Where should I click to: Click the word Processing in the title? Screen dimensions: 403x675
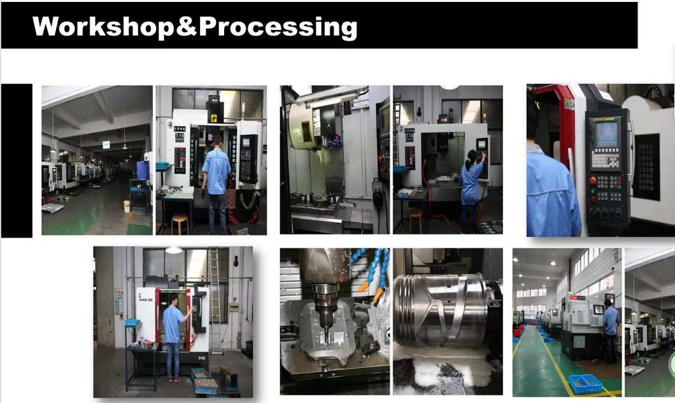click(278, 27)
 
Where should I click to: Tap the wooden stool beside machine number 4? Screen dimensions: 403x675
click(180, 223)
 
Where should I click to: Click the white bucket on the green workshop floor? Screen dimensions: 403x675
click(127, 206)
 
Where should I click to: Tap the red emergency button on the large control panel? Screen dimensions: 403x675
click(592, 180)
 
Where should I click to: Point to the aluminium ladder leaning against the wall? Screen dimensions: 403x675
click(215, 299)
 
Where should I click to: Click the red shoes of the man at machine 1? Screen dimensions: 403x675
click(173, 379)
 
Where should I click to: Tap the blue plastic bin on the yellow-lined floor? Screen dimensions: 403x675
click(586, 383)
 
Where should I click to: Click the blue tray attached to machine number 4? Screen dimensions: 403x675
click(163, 166)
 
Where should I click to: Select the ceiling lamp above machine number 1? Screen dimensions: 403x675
click(173, 251)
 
